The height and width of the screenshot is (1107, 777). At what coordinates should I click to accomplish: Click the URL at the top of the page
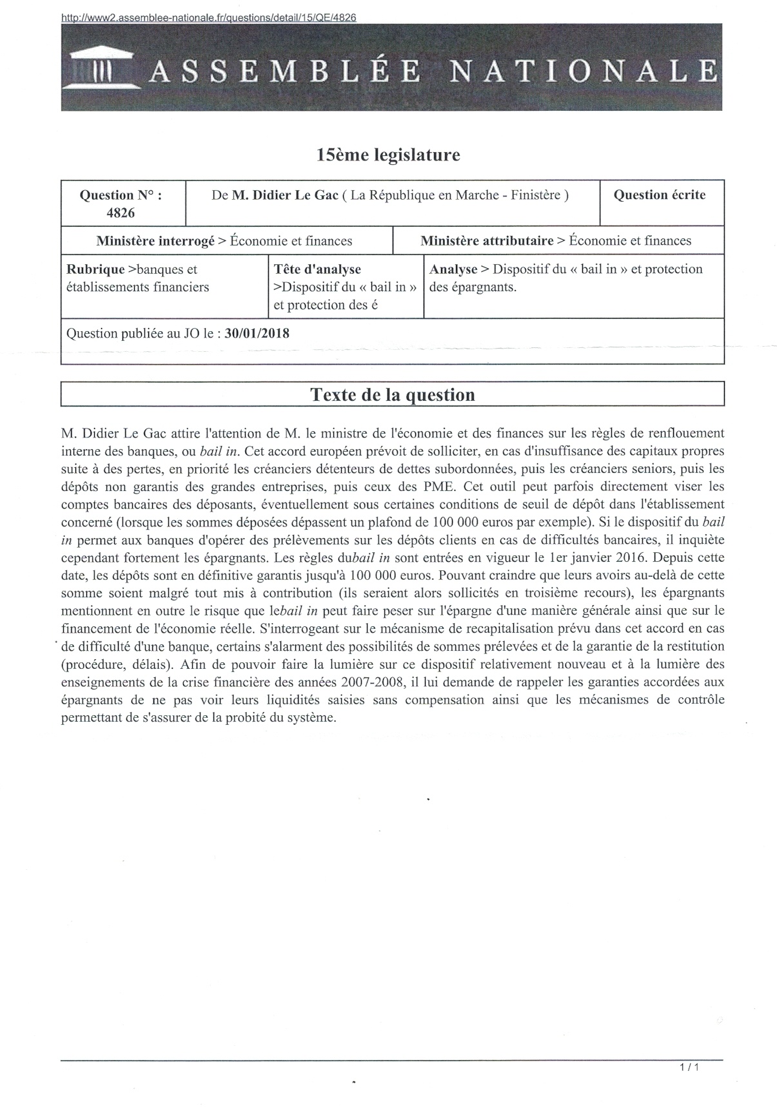[208, 18]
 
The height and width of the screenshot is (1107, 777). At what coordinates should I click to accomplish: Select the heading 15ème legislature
[388, 155]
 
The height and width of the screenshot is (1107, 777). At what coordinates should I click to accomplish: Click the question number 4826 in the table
[121, 213]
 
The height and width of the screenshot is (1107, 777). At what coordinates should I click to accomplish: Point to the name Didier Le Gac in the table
[285, 195]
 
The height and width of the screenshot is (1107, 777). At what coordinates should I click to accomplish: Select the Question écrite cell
[659, 195]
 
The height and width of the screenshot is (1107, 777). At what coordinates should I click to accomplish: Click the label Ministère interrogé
[155, 241]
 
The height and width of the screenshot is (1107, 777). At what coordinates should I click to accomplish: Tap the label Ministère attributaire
[487, 241]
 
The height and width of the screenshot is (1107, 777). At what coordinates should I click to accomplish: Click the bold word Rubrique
[95, 269]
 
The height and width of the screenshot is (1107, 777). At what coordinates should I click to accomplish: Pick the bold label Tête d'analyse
[317, 269]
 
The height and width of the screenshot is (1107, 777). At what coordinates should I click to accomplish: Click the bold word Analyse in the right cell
[453, 269]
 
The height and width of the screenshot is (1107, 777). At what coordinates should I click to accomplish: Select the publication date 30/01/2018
[257, 333]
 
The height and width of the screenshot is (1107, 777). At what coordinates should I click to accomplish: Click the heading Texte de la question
[392, 395]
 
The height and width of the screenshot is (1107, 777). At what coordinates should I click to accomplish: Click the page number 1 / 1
[689, 1067]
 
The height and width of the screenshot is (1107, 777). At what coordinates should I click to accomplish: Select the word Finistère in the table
[535, 195]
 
